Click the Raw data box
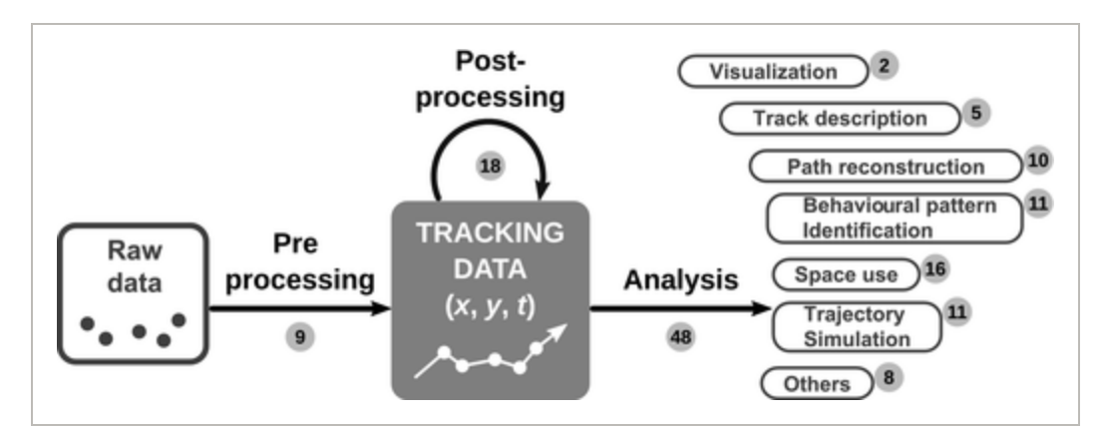pos(133,293)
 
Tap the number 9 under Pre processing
pos(300,337)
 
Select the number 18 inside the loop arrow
pos(491,167)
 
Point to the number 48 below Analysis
pos(681,337)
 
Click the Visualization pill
pos(773,72)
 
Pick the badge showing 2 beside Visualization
pos(885,66)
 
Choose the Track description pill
pos(840,119)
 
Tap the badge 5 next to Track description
pos(976,113)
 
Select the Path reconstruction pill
pos(886,167)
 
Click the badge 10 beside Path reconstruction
pos(1037,162)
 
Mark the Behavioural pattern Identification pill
pos(895,218)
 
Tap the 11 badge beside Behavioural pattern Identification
pos(1037,204)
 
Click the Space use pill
pos(846,274)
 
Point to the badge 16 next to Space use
pos(935,269)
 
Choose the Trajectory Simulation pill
pos(857,327)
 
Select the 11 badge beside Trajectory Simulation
pos(956,312)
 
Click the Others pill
pos(816,384)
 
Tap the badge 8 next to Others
pos(889,377)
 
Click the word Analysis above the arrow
pos(680,281)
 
